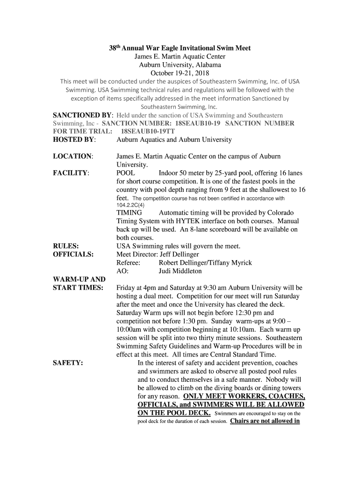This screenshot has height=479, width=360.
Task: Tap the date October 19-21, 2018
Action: point(180,73)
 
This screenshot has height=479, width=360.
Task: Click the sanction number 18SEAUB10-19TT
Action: point(147,131)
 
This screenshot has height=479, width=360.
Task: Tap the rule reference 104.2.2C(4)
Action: point(130,205)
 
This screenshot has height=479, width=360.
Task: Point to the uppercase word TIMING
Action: point(129,213)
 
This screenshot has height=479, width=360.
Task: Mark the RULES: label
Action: point(65,246)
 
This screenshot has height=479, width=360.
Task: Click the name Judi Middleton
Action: point(180,271)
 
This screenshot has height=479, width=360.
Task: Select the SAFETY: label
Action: point(68,363)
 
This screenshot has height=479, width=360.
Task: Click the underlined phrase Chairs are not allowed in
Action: point(265,421)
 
